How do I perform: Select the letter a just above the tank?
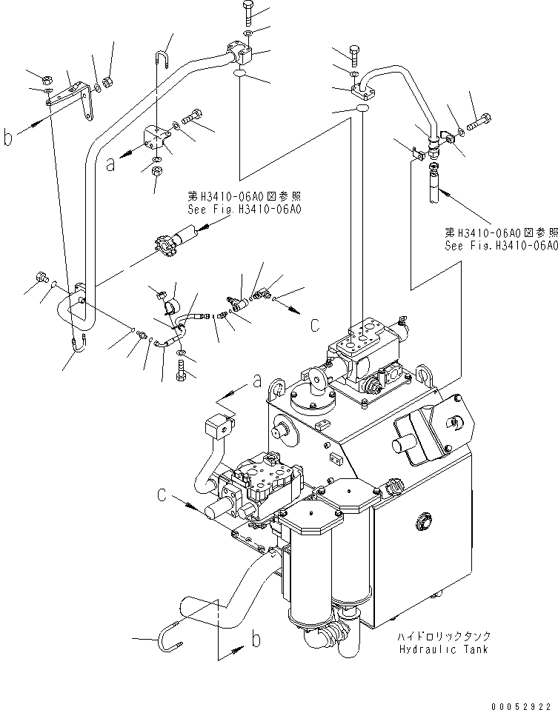[257, 381]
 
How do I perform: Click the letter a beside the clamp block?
[110, 165]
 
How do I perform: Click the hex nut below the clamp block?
[157, 172]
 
